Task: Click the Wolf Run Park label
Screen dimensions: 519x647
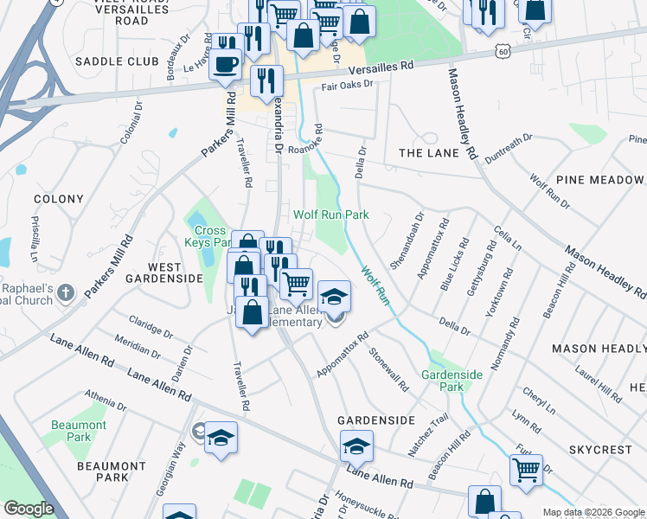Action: [x=330, y=215]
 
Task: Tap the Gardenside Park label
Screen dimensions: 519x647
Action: [x=443, y=381]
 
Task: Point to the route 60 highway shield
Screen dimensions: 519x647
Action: [x=503, y=53]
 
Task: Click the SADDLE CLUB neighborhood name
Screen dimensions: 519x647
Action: [x=117, y=61]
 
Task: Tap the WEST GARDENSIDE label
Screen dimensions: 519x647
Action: [x=163, y=272]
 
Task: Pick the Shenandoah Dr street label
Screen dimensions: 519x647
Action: [x=407, y=241]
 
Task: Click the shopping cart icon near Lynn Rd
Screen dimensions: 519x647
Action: [x=526, y=470]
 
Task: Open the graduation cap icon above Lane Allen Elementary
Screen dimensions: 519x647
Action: [x=334, y=296]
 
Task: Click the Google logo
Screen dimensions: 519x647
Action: [x=29, y=509]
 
